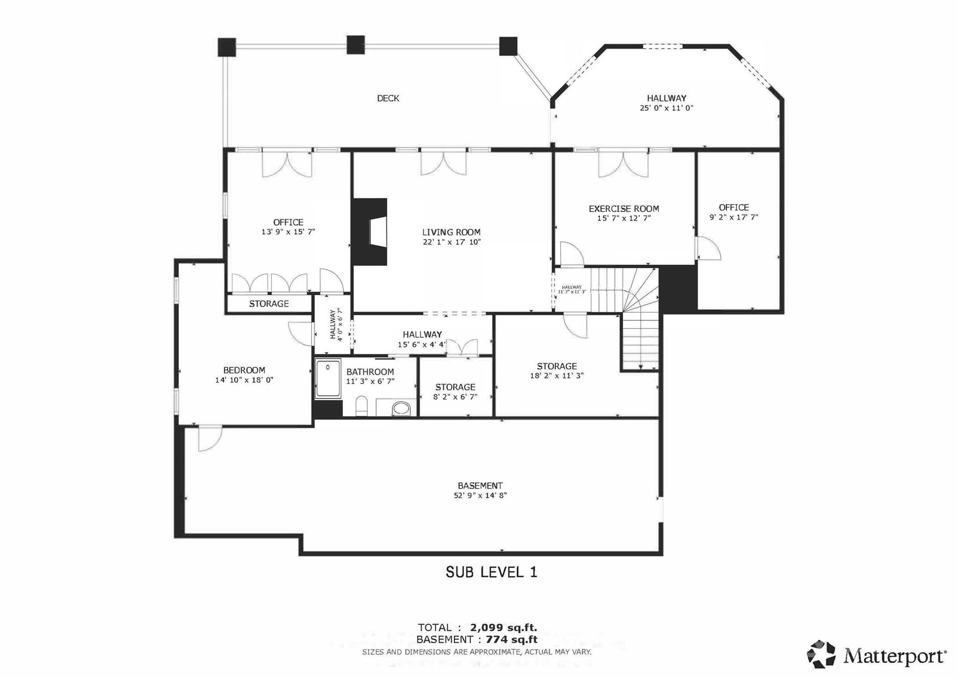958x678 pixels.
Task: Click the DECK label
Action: click(388, 98)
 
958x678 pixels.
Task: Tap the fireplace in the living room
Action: click(370, 232)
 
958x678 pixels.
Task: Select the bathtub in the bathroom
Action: click(328, 378)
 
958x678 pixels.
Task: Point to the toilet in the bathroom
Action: click(362, 405)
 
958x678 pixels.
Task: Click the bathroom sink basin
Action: click(401, 408)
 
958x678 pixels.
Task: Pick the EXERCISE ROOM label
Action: click(624, 209)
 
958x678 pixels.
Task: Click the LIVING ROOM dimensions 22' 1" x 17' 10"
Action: click(451, 242)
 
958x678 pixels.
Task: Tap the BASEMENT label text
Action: click(480, 486)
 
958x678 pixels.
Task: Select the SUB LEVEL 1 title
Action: click(491, 572)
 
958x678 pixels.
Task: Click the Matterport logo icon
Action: click(821, 654)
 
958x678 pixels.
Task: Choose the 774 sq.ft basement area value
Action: click(512, 639)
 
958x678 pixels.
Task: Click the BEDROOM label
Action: click(244, 370)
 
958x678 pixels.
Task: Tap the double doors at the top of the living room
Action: click(443, 163)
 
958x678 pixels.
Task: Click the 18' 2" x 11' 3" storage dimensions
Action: click(557, 376)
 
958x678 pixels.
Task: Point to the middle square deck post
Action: click(356, 45)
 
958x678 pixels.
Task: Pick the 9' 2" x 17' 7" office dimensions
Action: click(733, 217)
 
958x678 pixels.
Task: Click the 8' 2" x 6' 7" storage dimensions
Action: click(455, 397)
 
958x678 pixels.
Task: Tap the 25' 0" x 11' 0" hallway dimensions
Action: click(667, 108)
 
